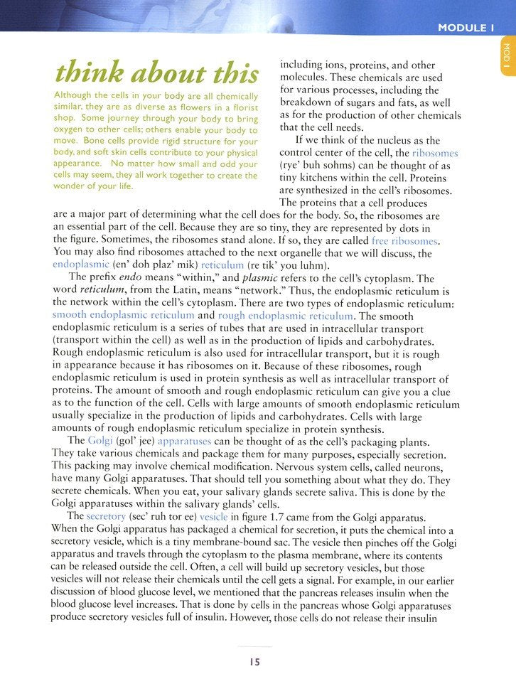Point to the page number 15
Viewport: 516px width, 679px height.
255,661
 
